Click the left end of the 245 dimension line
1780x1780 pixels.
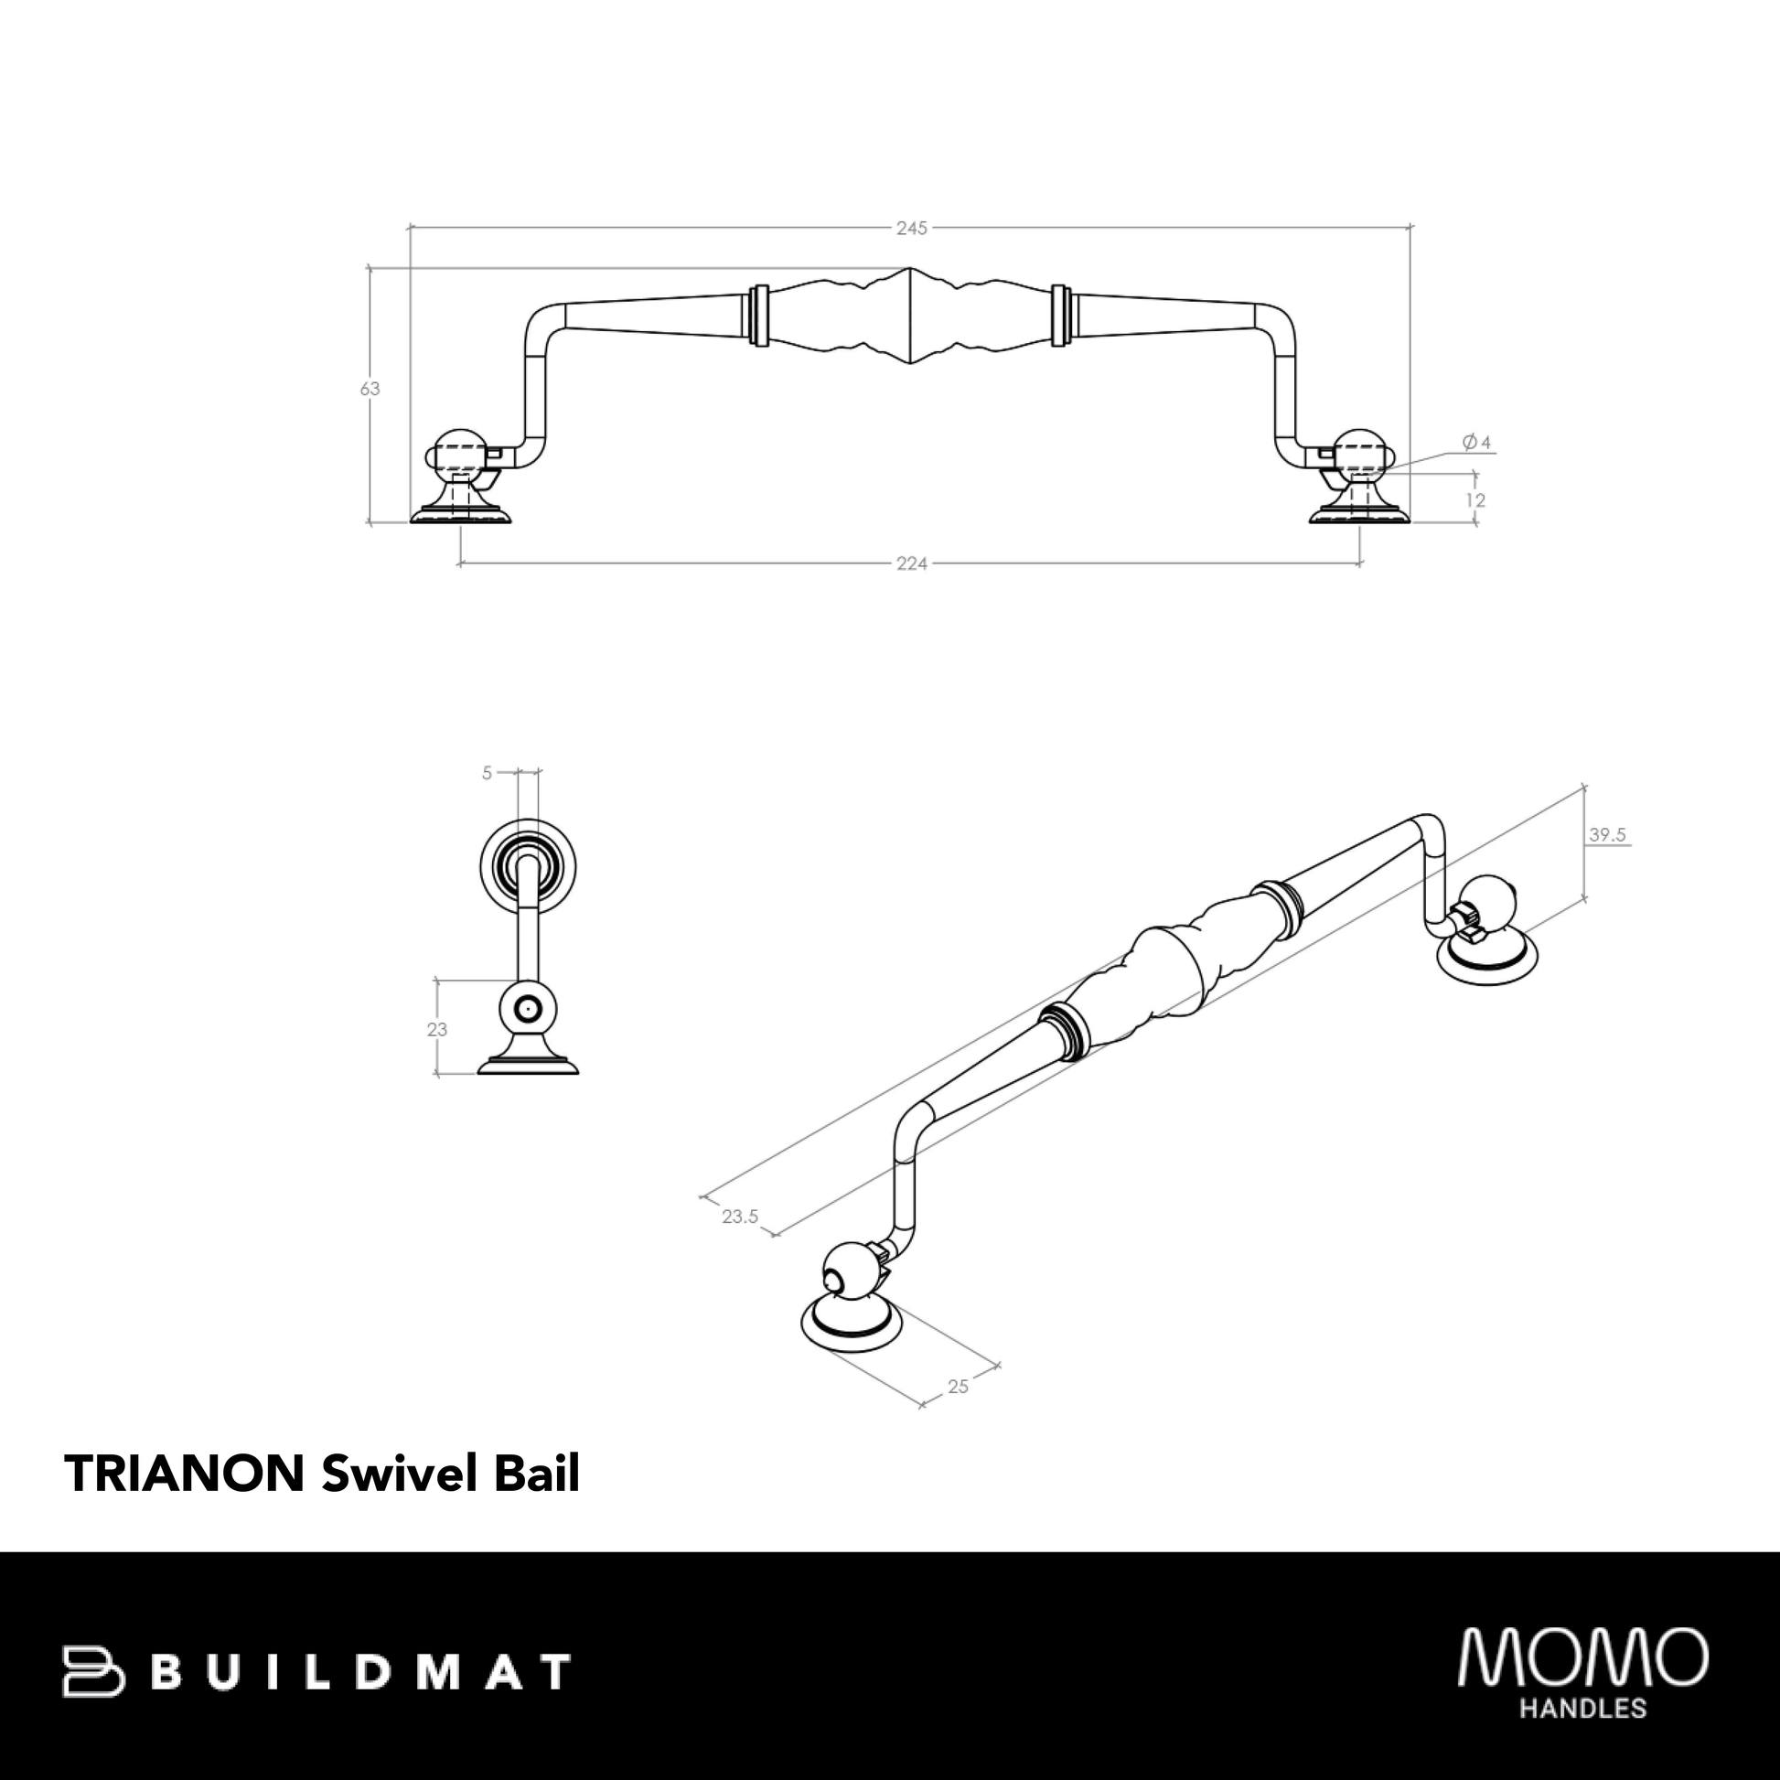point(409,227)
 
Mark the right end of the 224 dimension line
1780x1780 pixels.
point(1360,563)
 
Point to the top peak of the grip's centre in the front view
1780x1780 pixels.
point(909,268)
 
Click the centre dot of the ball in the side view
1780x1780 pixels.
point(527,1010)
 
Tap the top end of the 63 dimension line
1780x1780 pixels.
point(370,268)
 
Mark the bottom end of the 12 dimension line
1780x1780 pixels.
point(1474,523)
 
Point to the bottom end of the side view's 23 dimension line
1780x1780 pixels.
point(436,1074)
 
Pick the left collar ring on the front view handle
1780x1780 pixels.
point(759,316)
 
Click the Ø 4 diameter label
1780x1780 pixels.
point(1476,442)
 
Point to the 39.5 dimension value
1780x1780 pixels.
point(1608,836)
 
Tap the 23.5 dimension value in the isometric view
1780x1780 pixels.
point(740,1217)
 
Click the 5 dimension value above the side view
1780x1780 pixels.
point(487,773)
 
